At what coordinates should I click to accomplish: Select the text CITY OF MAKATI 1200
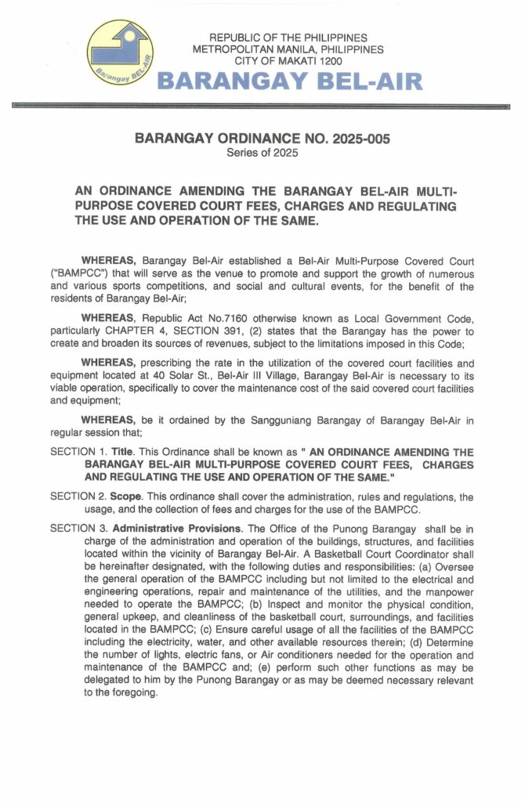tap(289, 60)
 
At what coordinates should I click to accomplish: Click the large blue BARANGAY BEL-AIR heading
tap(290, 81)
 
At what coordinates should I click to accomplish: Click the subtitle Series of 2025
tap(262, 153)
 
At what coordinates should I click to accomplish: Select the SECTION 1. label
tap(78, 453)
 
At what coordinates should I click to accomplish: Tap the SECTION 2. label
tap(78, 497)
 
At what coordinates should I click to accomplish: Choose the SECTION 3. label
tap(78, 529)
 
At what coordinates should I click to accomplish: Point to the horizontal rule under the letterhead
tap(262, 104)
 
